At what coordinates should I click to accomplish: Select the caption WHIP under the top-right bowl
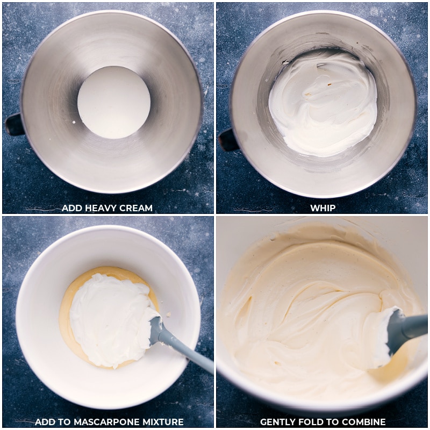[322, 208]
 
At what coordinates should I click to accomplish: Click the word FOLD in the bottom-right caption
[314, 422]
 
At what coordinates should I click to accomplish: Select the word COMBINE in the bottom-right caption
[365, 422]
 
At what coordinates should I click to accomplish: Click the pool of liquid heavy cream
[114, 102]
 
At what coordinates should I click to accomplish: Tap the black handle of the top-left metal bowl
[14, 125]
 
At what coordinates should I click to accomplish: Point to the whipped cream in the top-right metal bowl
[322, 105]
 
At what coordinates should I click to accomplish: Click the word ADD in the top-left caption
[71, 208]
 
